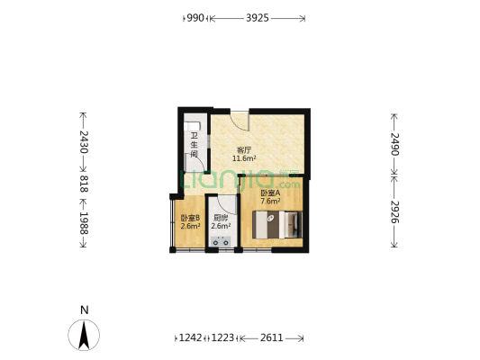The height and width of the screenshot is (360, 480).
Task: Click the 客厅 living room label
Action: pos(243,149)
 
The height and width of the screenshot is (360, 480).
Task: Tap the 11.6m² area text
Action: pos(244,158)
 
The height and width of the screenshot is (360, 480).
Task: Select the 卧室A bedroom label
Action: pos(270,193)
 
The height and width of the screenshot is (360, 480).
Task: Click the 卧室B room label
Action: pos(190,218)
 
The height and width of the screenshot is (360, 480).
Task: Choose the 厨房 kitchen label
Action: pos(221,218)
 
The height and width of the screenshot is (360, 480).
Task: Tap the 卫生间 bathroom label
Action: pos(194,144)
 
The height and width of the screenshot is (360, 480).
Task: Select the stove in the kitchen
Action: pos(222,241)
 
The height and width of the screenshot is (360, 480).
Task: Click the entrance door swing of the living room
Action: pos(238,121)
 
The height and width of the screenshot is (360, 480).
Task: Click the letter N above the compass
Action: pos(84,310)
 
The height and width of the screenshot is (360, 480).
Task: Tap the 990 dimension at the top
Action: pos(196,17)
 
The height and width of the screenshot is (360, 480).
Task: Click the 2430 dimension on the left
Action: pos(83,143)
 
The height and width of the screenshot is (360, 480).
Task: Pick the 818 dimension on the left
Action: pos(83,184)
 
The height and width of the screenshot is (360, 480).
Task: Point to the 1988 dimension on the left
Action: pos(83,220)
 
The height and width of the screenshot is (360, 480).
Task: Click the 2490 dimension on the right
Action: pos(394,144)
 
